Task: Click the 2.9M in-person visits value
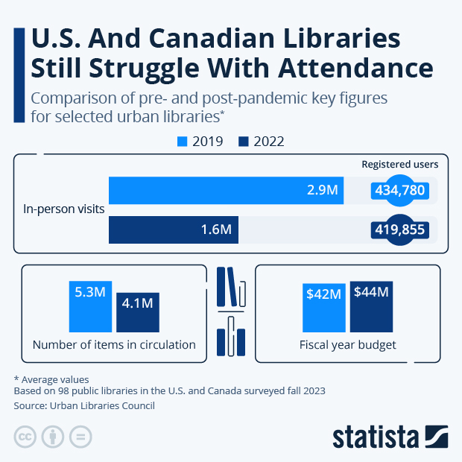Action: [x=323, y=190]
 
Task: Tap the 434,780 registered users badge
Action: [x=399, y=191]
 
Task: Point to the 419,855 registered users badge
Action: [x=399, y=230]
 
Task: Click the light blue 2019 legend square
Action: [x=182, y=141]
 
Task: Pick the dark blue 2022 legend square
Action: [x=243, y=141]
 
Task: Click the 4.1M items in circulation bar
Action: [x=137, y=312]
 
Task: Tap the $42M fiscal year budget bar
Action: [x=324, y=307]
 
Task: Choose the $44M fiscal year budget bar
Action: [x=371, y=306]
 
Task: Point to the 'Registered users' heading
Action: [x=399, y=164]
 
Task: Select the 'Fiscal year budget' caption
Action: [x=347, y=345]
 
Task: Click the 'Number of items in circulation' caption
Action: [x=114, y=345]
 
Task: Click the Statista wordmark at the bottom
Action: [x=376, y=437]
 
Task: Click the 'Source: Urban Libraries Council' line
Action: [x=84, y=406]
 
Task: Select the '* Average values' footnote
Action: [x=51, y=379]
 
